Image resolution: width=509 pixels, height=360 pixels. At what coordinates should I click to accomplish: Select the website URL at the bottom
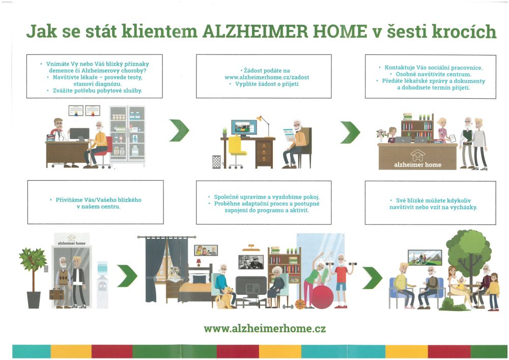pos(265,328)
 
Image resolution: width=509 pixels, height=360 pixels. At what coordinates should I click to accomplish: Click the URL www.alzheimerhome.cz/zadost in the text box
pos(267,77)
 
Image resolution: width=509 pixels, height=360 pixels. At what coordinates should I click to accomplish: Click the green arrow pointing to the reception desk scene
pos(350,132)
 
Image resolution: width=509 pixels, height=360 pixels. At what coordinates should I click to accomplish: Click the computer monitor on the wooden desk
pos(244,128)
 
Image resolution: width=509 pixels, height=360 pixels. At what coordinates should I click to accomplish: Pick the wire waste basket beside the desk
pos(216,162)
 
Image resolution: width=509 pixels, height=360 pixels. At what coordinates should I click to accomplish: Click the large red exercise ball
pos(322,296)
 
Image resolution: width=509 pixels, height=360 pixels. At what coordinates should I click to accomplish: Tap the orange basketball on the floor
pos(300,304)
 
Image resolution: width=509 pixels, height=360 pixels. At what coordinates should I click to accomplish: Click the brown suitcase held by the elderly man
pos(56,294)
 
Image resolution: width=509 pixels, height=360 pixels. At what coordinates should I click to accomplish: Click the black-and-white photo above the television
pos(251,262)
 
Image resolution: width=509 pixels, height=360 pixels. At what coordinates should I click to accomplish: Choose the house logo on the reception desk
pos(418,155)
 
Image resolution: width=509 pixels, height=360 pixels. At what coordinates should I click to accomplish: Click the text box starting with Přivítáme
pos(96,202)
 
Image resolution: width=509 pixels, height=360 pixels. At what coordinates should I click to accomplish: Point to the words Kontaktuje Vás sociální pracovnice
pos(433,68)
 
